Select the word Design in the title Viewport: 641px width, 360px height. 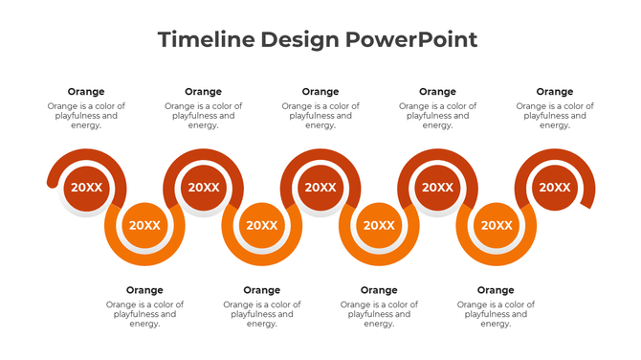pos(300,39)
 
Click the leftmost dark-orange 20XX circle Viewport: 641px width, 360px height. pos(86,188)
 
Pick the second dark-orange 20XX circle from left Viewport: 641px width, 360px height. pos(203,188)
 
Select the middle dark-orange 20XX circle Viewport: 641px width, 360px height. pos(320,188)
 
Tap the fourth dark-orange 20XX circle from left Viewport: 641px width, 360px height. pos(437,188)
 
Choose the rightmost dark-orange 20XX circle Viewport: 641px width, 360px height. pos(554,188)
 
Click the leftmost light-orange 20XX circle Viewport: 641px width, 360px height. pos(144,226)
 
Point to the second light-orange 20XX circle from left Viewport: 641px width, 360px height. pos(261,226)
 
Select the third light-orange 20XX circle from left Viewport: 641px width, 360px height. pos(379,226)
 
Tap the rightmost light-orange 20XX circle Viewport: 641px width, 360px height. pos(496,226)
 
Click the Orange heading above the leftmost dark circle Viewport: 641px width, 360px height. pos(86,92)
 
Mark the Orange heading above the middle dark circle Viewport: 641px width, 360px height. pos(320,92)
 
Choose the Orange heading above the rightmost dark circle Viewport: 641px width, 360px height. pos(554,92)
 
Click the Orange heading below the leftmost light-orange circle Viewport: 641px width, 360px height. pos(144,290)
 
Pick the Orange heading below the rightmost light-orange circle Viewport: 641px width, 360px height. pos(496,290)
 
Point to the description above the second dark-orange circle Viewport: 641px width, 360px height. pos(203,116)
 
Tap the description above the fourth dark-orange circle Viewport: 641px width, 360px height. pos(437,116)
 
